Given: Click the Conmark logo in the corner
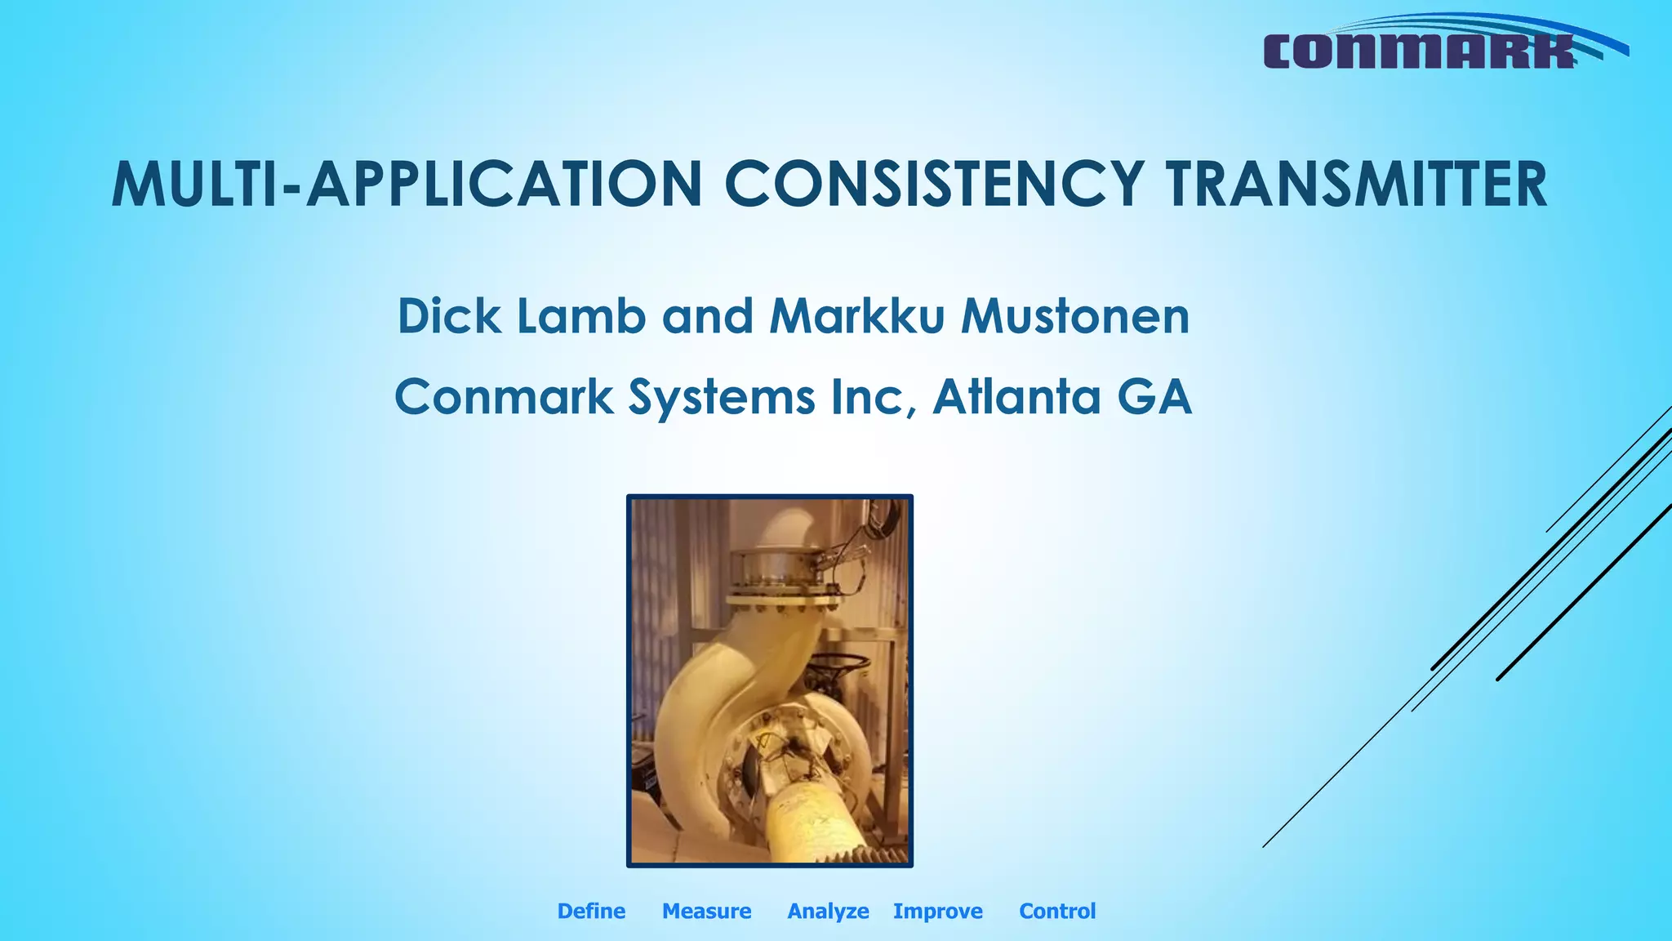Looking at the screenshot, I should point(1437,45).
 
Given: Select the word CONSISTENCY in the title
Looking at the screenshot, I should point(933,185).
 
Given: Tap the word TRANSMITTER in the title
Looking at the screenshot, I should point(1356,185).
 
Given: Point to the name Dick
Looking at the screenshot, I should point(448,316).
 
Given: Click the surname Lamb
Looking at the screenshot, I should point(580,316).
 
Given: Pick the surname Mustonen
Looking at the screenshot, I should point(1075,316).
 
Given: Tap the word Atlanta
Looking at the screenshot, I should point(1017,397).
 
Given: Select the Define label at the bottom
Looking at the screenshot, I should point(591,911).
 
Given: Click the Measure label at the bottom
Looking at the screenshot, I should point(706,911).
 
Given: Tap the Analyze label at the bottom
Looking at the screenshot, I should point(828,911).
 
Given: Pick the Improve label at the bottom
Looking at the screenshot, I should point(937,911).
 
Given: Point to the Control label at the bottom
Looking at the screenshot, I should point(1057,911).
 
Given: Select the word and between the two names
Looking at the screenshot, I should point(708,316).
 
